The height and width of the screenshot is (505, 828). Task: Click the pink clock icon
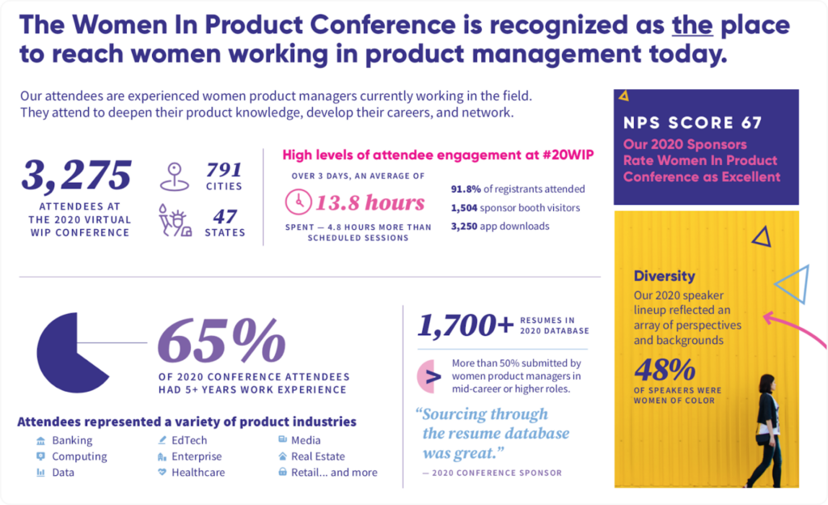tap(298, 202)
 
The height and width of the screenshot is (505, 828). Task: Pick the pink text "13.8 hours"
tap(370, 202)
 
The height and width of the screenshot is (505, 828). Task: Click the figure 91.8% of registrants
tap(467, 189)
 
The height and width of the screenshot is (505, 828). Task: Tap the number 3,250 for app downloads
tap(467, 226)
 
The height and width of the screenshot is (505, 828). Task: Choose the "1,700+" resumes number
tap(466, 325)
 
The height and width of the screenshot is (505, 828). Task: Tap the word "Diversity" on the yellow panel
tap(664, 276)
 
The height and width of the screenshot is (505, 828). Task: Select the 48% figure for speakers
tap(665, 371)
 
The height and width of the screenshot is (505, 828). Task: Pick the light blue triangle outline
tap(792, 282)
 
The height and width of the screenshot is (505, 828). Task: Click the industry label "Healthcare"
tap(198, 473)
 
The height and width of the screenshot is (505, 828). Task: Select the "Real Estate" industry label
tap(319, 456)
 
